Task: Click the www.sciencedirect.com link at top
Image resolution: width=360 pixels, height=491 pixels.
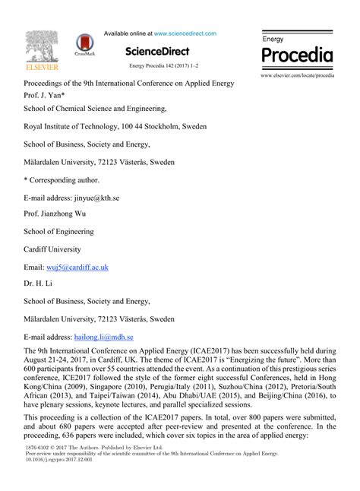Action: point(185,33)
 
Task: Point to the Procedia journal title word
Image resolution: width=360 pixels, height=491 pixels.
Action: point(297,55)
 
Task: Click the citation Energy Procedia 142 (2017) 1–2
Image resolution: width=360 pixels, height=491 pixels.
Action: point(163,67)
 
